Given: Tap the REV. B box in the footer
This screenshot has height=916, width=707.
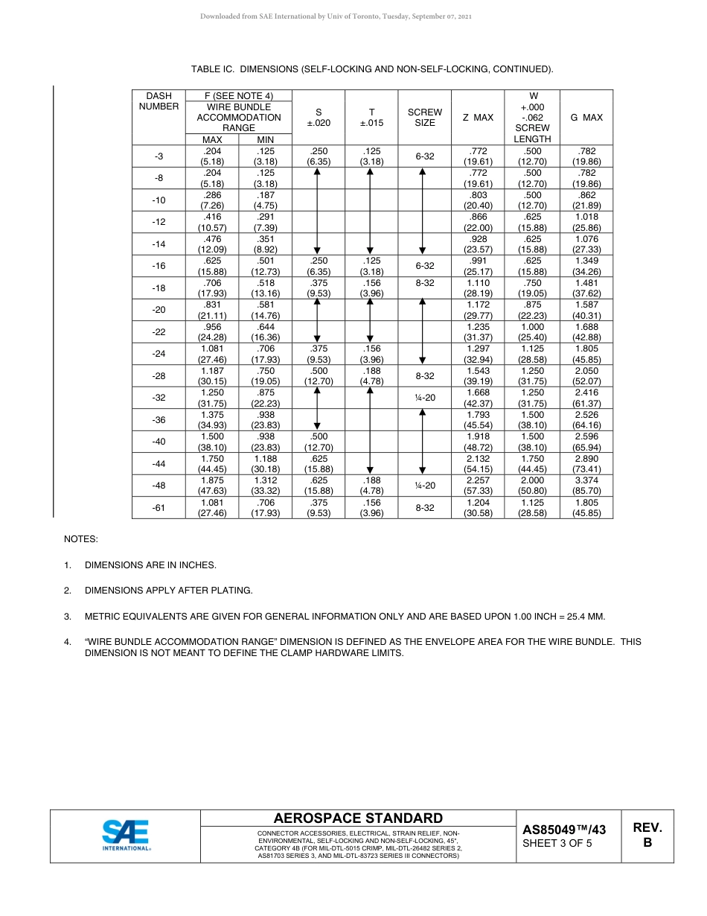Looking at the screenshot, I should coord(647,836).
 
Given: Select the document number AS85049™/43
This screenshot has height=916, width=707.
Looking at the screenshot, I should coord(564,830).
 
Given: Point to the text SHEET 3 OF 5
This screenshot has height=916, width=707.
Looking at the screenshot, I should coord(557,844).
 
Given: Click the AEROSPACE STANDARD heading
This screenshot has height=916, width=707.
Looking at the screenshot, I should coord(358,818).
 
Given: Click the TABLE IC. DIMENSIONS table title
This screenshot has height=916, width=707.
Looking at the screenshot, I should coord(372,69).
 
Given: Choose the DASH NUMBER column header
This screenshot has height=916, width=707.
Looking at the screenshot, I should coord(159,101).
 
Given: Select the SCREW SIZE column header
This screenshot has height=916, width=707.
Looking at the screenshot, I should coord(424,118).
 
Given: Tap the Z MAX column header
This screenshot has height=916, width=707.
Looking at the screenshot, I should coord(478,118).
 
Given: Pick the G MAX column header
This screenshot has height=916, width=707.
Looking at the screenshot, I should coord(586,118).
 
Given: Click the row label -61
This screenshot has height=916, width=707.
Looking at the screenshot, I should coord(159,508).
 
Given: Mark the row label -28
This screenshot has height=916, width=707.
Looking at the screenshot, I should coord(159,376).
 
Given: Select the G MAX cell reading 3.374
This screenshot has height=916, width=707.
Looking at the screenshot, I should coord(586,486).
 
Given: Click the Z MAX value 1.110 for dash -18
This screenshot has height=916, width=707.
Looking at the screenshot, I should coord(478,288).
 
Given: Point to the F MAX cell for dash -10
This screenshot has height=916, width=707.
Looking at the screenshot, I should coord(212,200).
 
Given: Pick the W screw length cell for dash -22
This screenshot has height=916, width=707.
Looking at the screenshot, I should coord(532,332).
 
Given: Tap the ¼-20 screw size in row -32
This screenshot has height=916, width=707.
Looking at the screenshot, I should coord(424,398).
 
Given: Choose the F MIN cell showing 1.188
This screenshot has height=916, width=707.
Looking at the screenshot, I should coord(266,464).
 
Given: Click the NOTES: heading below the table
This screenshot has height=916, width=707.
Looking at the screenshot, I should coord(80,538).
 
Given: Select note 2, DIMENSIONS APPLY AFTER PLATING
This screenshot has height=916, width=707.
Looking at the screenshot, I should coord(168,591).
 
